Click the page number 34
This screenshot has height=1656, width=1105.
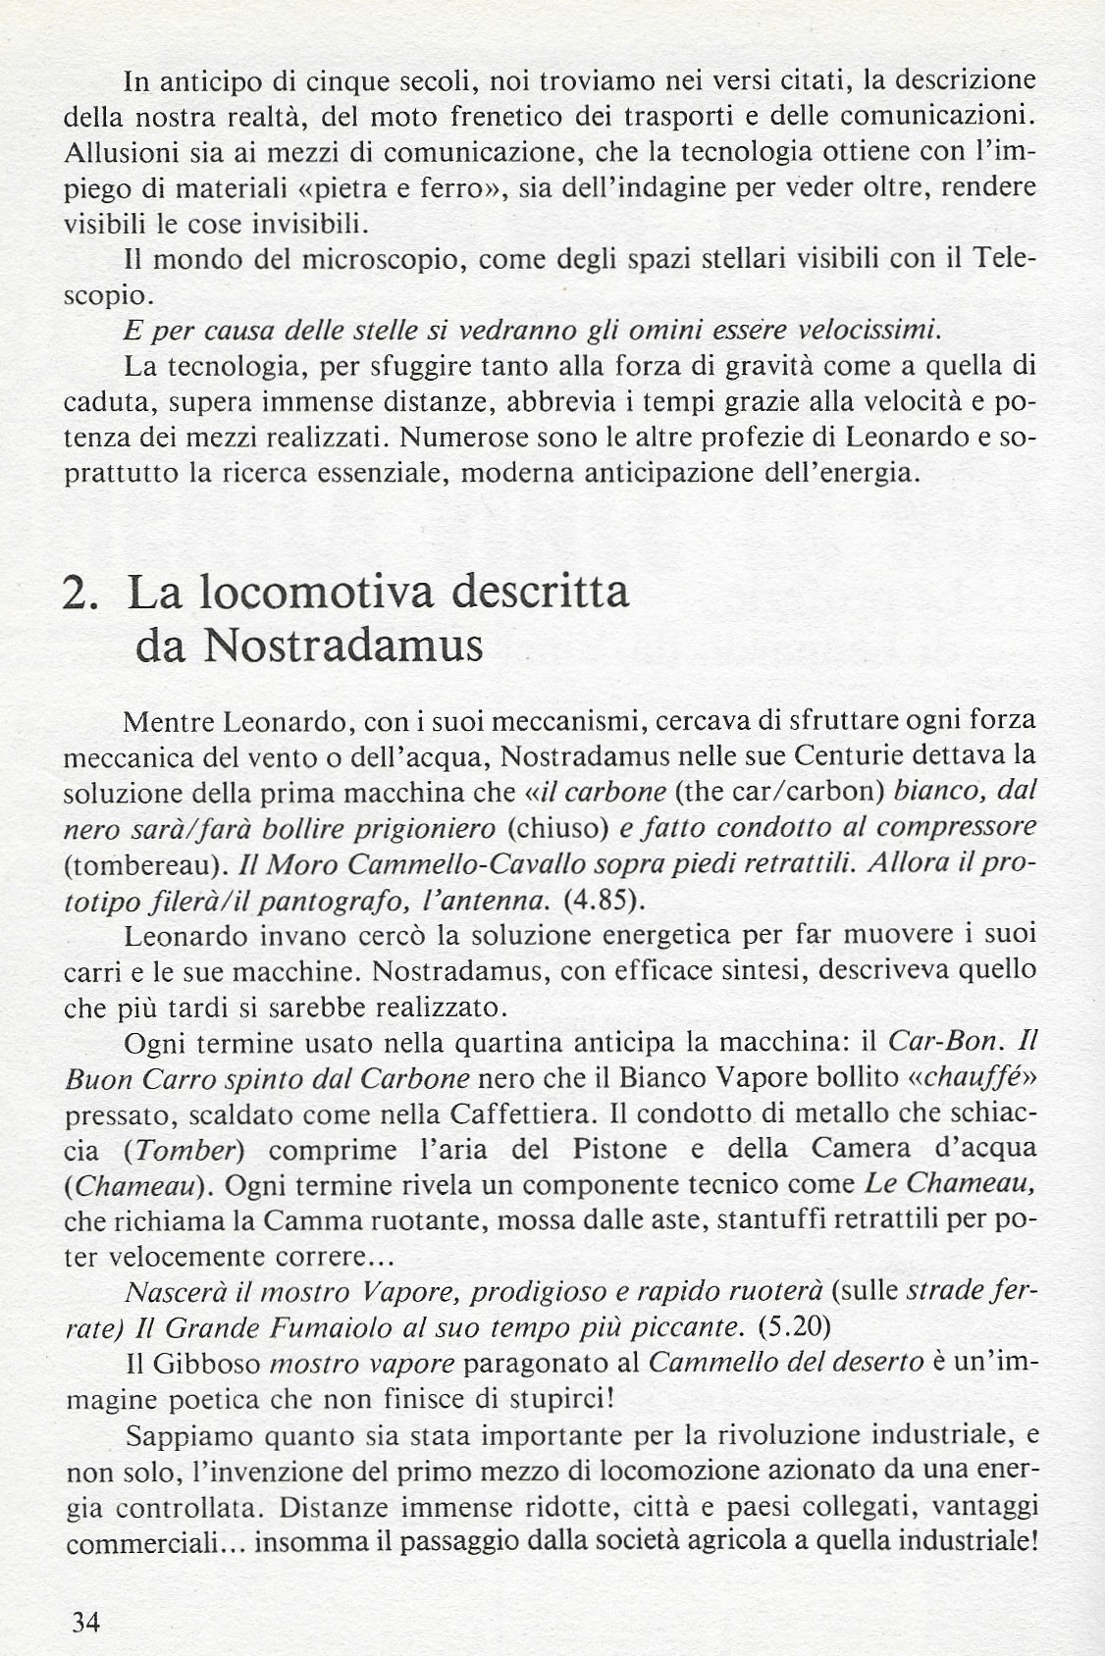(85, 1622)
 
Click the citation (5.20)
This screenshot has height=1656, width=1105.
(795, 1327)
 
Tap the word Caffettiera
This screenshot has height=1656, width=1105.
(521, 1114)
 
